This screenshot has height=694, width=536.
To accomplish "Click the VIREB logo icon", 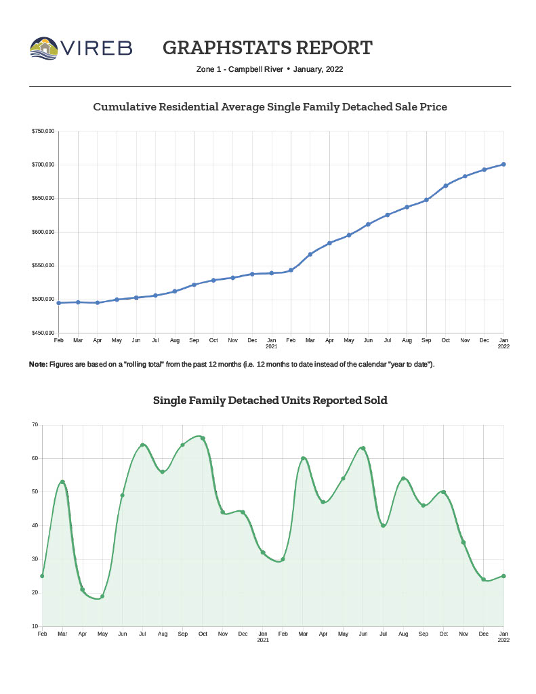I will click(44, 48).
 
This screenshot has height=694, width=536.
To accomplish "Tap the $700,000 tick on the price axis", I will click(43, 165).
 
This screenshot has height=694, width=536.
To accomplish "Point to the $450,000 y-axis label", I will click(43, 333).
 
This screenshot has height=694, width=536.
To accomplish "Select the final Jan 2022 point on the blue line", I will click(503, 164).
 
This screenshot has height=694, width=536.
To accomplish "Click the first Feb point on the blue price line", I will click(59, 303).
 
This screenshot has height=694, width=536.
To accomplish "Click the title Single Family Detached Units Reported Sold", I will click(270, 401).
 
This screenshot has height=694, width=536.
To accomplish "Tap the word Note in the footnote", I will click(37, 365).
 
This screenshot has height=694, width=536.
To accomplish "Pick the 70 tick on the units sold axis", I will click(35, 425).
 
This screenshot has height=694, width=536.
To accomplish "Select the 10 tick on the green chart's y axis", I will click(35, 626).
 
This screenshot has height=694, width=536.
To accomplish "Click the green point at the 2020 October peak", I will click(203, 438).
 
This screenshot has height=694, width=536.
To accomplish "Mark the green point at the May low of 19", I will click(102, 596).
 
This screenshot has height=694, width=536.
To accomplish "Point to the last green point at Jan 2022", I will click(503, 576).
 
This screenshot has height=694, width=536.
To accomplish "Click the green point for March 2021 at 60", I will click(303, 459).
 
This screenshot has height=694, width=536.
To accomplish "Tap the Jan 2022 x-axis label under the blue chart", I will click(503, 342).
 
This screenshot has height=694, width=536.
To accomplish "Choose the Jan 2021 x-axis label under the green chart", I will click(263, 636).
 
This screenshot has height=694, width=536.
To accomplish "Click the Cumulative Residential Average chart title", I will click(270, 107).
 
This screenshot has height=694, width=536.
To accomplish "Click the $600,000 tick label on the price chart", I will click(43, 232).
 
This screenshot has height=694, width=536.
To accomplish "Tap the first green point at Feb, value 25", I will click(42, 576).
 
